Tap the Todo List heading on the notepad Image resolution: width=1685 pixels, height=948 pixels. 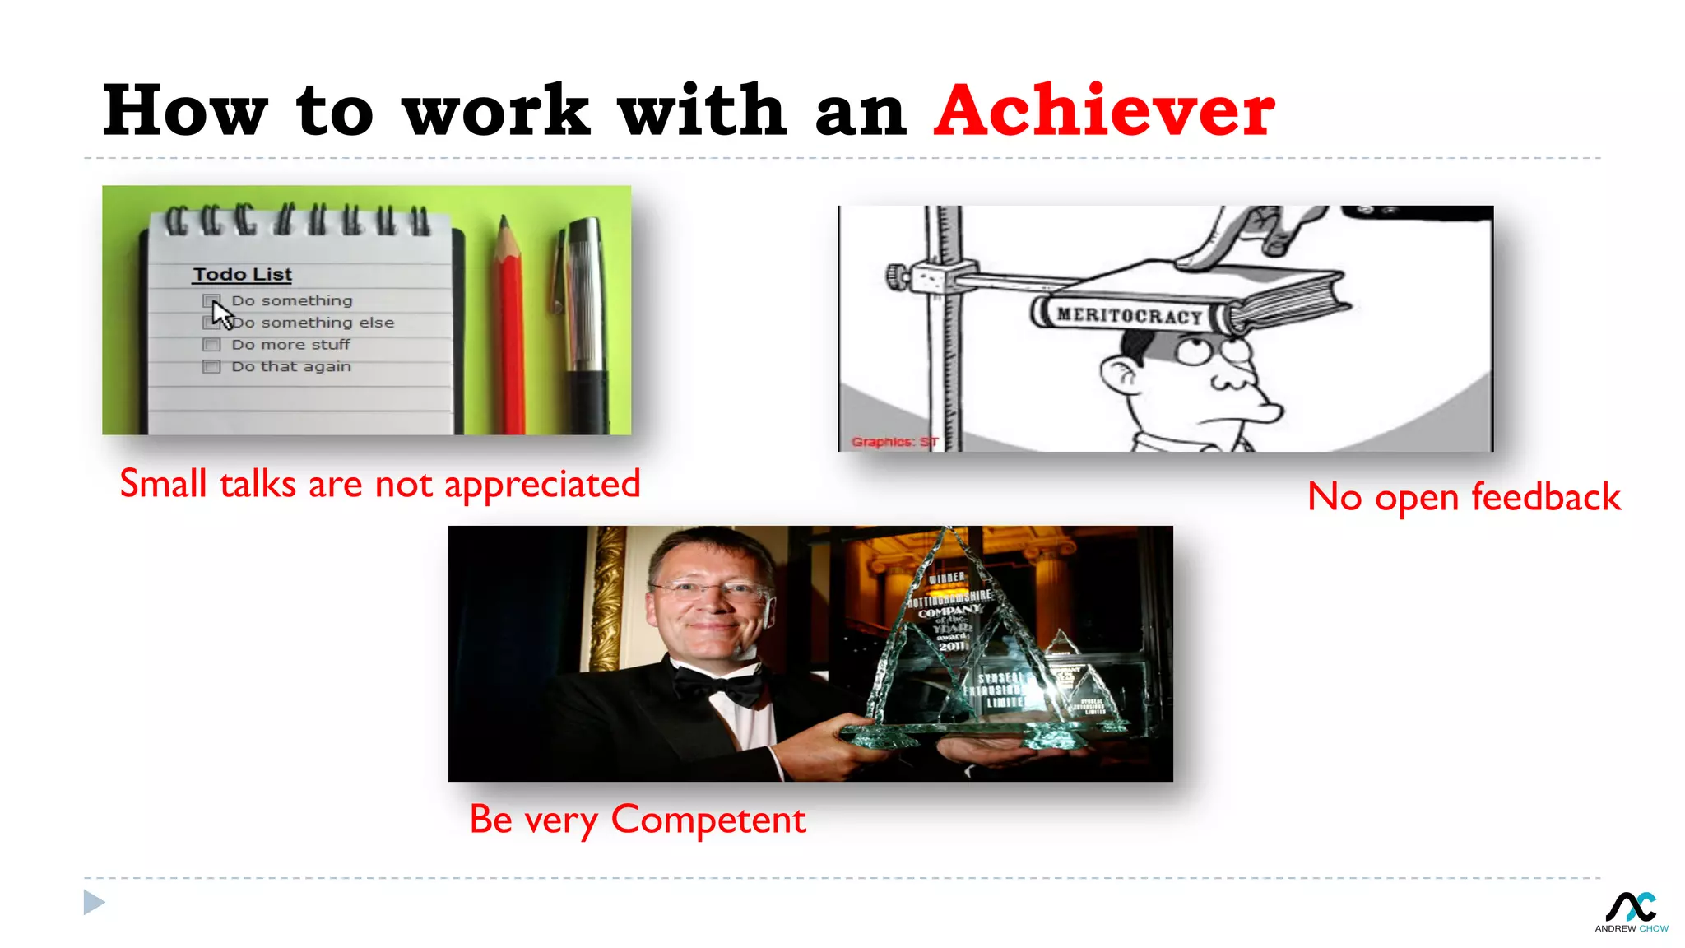(242, 274)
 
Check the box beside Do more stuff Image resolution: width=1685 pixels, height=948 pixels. (211, 345)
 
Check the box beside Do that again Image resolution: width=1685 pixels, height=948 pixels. (211, 367)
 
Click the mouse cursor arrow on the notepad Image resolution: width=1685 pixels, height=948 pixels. (221, 314)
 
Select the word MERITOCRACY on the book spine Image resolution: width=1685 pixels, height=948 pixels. (1129, 315)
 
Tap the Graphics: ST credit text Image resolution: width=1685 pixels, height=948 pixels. (894, 442)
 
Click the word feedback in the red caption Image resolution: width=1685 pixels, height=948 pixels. (1545, 497)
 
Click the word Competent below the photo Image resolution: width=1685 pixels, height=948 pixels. (708, 820)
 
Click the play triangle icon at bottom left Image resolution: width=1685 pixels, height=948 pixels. (94, 902)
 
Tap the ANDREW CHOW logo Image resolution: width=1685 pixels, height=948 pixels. (1631, 912)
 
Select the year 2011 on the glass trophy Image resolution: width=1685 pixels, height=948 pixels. (952, 646)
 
